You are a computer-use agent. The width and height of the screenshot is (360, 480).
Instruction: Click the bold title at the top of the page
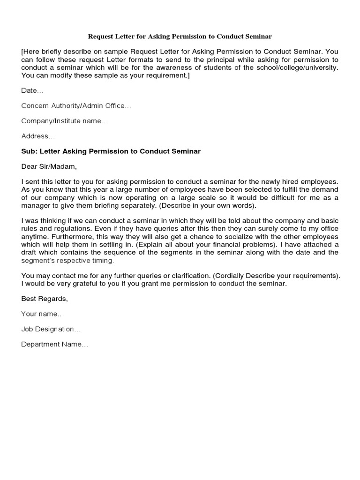coord(180,36)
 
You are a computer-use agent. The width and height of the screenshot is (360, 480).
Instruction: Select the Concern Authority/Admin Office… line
coord(76,106)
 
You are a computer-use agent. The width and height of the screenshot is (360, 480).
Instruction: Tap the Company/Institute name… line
coord(64,121)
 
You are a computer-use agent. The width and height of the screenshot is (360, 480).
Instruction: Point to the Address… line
coord(38,136)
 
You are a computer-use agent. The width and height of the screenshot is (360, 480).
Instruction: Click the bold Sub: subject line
coord(111,151)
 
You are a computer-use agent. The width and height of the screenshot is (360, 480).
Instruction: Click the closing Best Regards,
coord(45,299)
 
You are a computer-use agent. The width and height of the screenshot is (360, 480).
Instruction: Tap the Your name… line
coord(43,314)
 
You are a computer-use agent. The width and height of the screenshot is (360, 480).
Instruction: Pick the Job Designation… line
coord(51,329)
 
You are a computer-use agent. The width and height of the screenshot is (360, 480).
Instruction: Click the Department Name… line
coord(55,345)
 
